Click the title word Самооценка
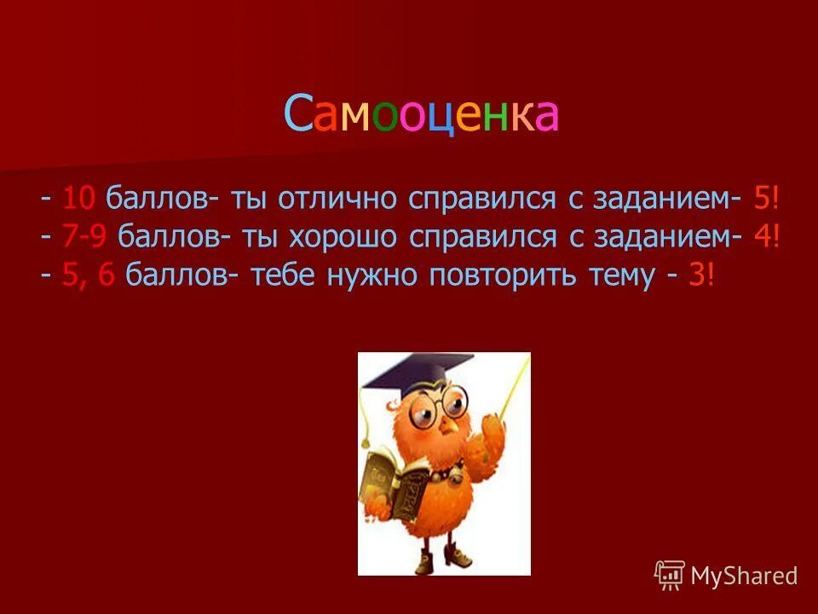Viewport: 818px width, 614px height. (x=421, y=115)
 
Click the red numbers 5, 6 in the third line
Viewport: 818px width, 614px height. (x=89, y=276)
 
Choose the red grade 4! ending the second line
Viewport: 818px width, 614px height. (x=767, y=238)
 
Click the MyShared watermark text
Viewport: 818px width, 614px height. (x=743, y=576)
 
